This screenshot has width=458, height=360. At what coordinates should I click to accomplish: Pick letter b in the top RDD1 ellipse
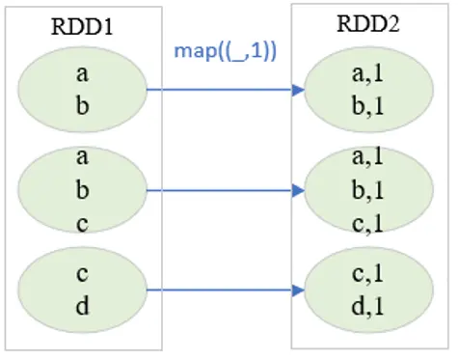82,106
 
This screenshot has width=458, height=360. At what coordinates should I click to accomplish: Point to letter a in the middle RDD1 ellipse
82,154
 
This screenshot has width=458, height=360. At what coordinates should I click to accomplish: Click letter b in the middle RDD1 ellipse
82,189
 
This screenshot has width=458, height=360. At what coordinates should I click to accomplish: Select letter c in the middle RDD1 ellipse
82,222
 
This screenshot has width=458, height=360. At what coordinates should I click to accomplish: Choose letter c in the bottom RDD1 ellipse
82,273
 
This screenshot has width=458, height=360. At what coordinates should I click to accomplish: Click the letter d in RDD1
82,306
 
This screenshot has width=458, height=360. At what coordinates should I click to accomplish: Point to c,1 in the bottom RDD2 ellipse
370,273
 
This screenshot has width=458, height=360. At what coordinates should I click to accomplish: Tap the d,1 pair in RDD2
370,306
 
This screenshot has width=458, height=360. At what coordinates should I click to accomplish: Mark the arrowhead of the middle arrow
298,190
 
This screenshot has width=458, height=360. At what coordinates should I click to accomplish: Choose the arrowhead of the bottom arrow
298,289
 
